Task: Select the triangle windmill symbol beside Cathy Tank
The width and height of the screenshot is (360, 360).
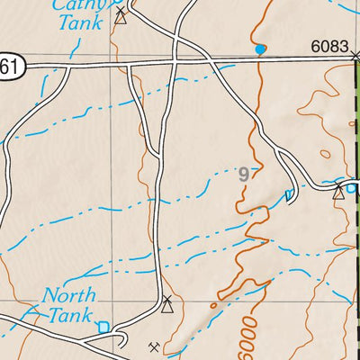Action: point(121,15)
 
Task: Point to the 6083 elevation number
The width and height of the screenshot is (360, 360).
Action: point(330,46)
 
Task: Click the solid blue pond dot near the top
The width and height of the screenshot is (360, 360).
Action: point(261,49)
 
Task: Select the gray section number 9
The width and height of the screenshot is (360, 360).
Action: point(243,175)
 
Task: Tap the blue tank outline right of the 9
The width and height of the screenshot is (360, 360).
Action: point(289,195)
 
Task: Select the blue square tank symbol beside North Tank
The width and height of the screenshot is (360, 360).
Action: point(104,327)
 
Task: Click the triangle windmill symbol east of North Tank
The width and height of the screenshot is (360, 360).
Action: point(166,305)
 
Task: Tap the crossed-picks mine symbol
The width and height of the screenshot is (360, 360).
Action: point(154,346)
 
